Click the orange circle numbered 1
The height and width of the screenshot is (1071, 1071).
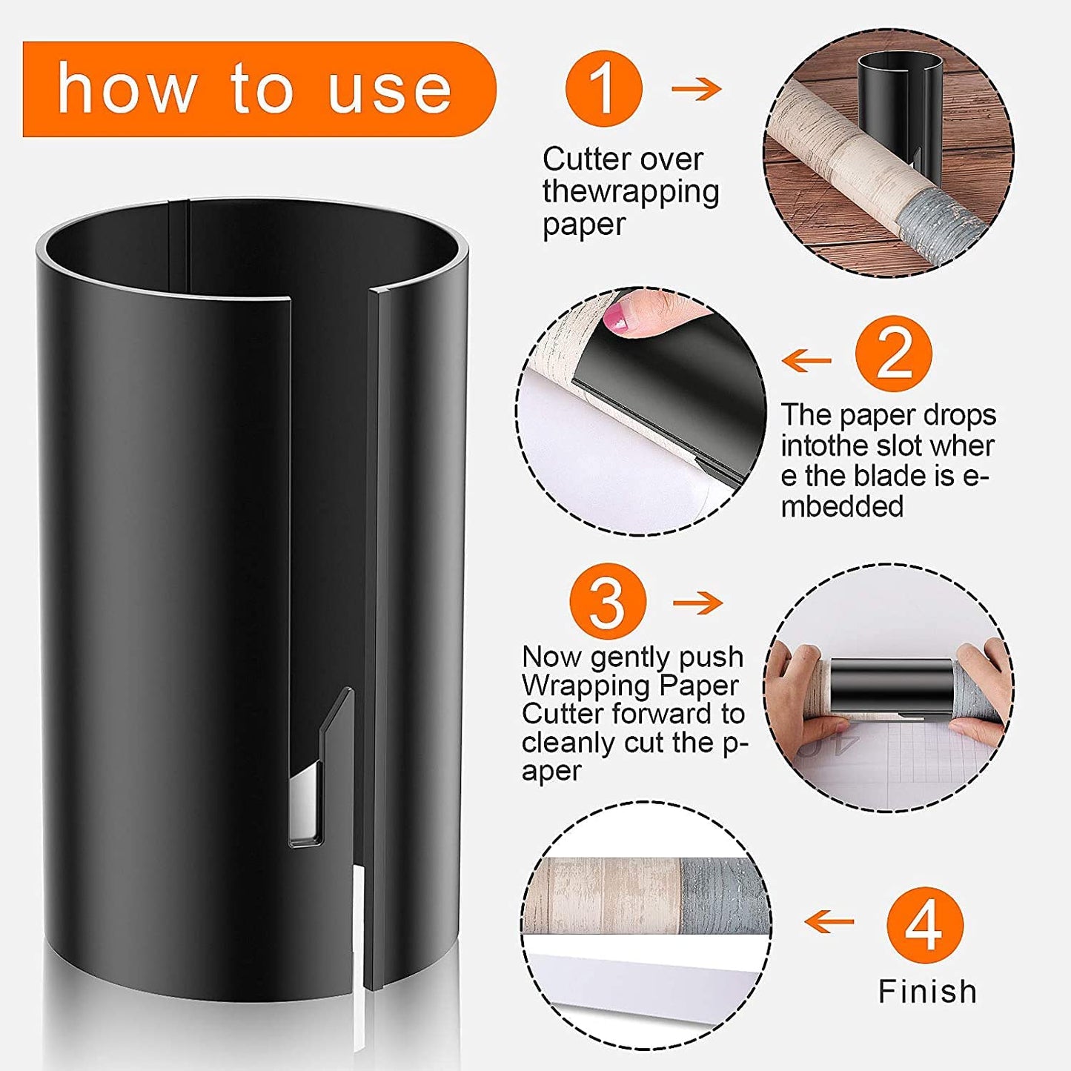coord(603,88)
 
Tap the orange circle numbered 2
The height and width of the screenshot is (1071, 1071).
coord(893,354)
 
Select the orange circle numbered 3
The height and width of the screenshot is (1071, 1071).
coord(608,602)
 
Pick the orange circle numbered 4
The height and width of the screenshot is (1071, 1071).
coord(924,924)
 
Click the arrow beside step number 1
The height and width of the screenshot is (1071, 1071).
coord(696,89)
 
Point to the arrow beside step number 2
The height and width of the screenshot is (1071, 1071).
coord(807,361)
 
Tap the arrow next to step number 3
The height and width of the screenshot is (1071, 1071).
coord(697,603)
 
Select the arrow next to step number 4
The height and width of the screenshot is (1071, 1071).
coord(829,923)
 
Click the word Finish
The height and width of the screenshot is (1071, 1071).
coord(927,992)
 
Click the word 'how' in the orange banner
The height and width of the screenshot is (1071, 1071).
coord(126,89)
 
